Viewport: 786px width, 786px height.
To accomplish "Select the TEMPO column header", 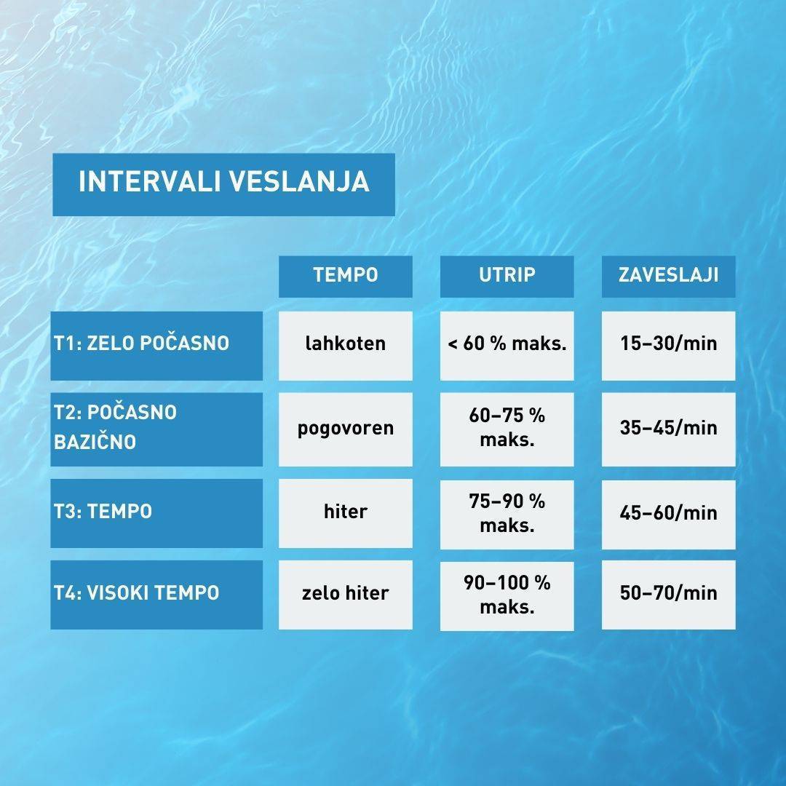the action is pos(346,277).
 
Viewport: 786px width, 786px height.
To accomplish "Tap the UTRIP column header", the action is pos(507,277).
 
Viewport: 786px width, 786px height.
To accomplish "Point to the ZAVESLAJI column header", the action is pos(668,277).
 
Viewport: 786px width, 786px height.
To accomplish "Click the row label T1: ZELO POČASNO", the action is pos(156,346).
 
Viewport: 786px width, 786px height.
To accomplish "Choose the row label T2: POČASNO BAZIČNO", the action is pos(156,429).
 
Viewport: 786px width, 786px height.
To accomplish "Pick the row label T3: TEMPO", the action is pos(156,513).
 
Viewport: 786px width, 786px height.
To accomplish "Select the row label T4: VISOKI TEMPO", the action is pos(156,595).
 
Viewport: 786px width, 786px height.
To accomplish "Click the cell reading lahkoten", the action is pos(346,346).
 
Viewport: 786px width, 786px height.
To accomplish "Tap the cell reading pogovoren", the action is pos(346,429).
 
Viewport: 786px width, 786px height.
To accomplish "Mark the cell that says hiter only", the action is pos(346,513).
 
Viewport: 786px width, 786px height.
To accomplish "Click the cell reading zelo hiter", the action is pos(346,595).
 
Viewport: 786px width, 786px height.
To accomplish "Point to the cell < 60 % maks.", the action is pos(507,346).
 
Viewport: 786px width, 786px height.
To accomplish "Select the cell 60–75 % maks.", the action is pos(507,429).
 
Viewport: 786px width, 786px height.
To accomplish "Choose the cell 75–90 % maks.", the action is pos(507,515).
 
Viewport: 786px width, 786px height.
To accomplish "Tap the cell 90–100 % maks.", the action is pos(507,596).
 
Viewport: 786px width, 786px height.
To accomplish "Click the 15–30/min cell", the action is pos(668,346).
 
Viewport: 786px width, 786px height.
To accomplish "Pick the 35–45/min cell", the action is pos(668,429).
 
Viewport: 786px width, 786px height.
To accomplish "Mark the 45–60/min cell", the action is pos(668,515).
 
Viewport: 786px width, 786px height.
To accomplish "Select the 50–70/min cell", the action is pos(668,595).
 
